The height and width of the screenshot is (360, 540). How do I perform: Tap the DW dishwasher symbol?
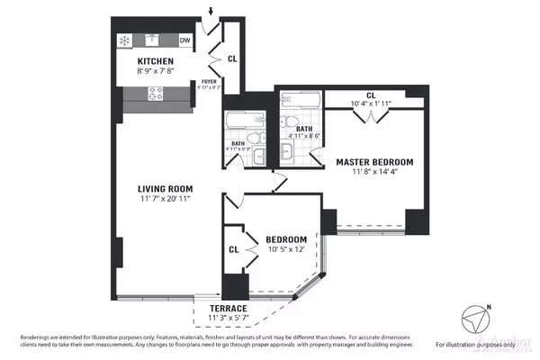184,40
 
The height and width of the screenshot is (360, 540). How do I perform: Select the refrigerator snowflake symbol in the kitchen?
123,40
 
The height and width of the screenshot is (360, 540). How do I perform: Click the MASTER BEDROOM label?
375,162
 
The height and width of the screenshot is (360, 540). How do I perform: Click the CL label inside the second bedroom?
233,249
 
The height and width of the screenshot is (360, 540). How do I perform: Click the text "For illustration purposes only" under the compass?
477,345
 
